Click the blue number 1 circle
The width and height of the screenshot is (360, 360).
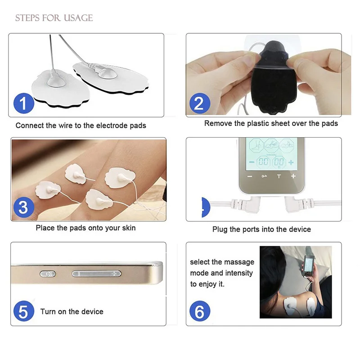24,103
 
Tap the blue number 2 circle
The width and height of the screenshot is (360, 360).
200,103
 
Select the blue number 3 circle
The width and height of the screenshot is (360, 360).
24,207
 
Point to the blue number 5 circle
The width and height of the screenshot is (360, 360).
24,311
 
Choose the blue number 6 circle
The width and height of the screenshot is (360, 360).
200,311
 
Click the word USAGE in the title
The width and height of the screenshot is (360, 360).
78,18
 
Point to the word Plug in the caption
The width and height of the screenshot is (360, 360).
220,229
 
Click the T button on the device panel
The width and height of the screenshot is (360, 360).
279,176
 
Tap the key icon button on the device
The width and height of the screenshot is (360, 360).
264,176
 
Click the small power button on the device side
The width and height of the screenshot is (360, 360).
48,274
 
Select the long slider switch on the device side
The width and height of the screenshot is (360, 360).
96,274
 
